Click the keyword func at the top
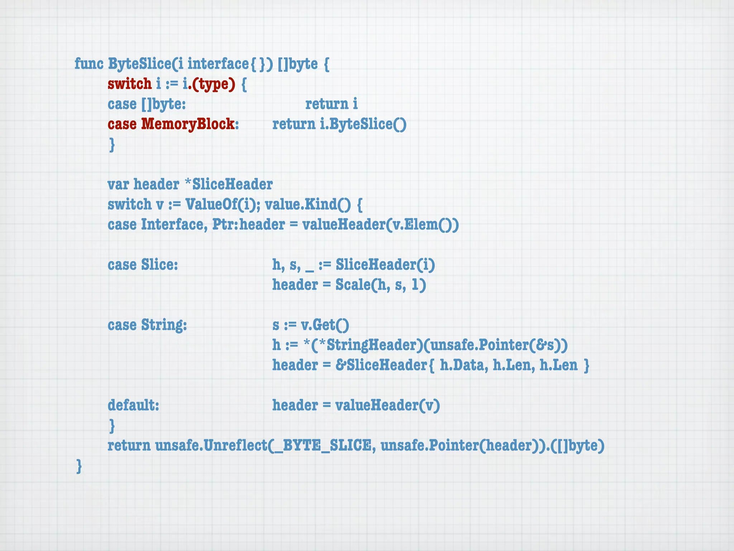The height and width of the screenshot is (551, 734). click(x=89, y=64)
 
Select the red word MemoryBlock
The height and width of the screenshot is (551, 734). click(x=188, y=124)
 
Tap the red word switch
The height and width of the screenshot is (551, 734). click(x=129, y=84)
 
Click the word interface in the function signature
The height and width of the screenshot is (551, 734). click(x=218, y=64)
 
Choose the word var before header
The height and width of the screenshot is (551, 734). click(x=118, y=184)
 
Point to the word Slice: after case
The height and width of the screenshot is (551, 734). click(x=159, y=265)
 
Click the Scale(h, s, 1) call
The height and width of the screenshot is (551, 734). click(x=381, y=285)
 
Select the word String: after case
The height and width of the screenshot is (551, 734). click(x=164, y=325)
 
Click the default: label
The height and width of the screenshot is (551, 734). click(x=133, y=405)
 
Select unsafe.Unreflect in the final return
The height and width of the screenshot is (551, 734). click(x=211, y=446)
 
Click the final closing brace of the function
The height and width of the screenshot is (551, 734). click(x=79, y=466)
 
